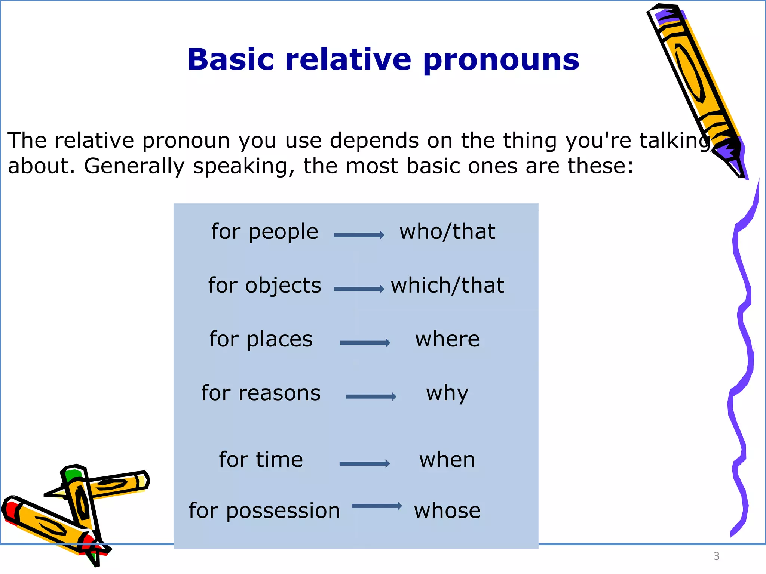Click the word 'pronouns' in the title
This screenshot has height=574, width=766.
[x=501, y=60]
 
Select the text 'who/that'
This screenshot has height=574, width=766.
[x=447, y=232]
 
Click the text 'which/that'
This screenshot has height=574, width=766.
[x=447, y=286]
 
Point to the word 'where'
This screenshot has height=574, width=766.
[x=447, y=339]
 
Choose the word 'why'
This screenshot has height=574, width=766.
[x=447, y=393]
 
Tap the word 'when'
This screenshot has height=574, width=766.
[x=447, y=460]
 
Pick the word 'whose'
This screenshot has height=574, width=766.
[x=447, y=510]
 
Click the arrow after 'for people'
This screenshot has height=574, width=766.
[x=359, y=235]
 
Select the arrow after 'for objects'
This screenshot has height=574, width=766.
[x=359, y=289]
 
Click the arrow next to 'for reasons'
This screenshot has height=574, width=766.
[x=371, y=396]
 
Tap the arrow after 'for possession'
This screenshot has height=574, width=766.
[x=377, y=506]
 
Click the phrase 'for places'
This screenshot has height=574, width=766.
[x=261, y=339]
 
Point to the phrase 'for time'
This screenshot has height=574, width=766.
[x=261, y=460]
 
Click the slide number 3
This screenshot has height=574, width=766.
[x=716, y=556]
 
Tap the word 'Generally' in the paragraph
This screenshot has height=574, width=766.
[x=134, y=166]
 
